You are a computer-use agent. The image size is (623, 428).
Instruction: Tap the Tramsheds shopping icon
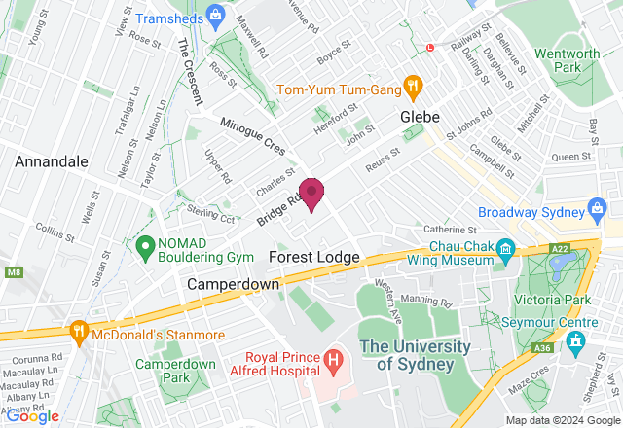pos(216,17)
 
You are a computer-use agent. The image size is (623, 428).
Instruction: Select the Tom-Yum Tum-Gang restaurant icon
pos(413,86)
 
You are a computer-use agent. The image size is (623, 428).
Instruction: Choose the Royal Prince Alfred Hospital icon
pos(334,362)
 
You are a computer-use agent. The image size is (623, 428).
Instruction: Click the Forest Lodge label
pos(314,257)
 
